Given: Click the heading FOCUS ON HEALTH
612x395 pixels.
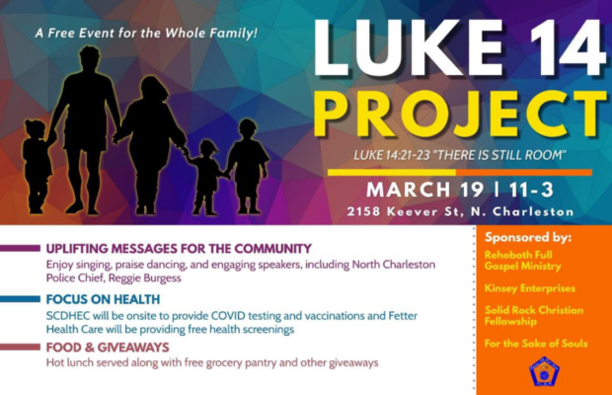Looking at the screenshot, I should (x=102, y=299).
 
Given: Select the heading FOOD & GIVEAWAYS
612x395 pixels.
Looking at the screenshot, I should (x=107, y=348).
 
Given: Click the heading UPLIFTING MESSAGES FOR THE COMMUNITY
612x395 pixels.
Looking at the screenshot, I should (x=178, y=249).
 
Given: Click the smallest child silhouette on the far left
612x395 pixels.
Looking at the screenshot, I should (x=37, y=163).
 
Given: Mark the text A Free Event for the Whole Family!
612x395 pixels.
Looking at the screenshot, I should (x=146, y=33).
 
